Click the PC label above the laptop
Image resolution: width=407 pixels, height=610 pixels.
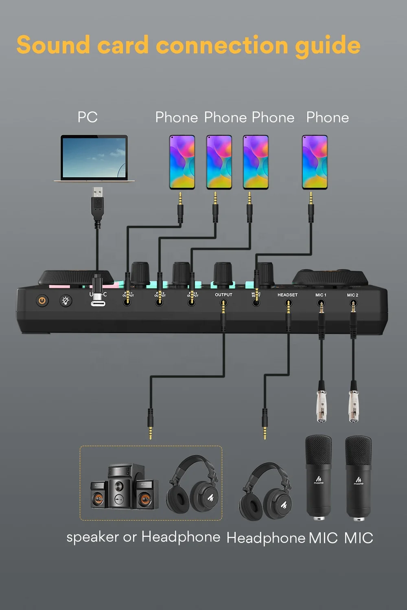tap(88, 117)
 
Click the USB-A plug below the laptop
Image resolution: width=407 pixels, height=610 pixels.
tap(97, 203)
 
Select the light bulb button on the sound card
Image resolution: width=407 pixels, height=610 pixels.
tap(66, 301)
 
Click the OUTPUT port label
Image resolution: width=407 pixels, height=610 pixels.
tap(223, 295)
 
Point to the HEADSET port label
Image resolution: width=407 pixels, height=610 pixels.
tap(287, 295)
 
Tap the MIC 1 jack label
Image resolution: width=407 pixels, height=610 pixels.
tap(321, 295)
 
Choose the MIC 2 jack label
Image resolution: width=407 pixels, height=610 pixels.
tap(352, 295)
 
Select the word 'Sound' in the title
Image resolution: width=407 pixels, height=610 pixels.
tap(53, 45)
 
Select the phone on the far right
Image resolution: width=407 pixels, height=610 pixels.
tap(315, 162)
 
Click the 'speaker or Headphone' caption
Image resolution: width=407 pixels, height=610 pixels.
tap(143, 537)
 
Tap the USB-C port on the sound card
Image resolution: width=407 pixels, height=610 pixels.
tap(98, 303)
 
